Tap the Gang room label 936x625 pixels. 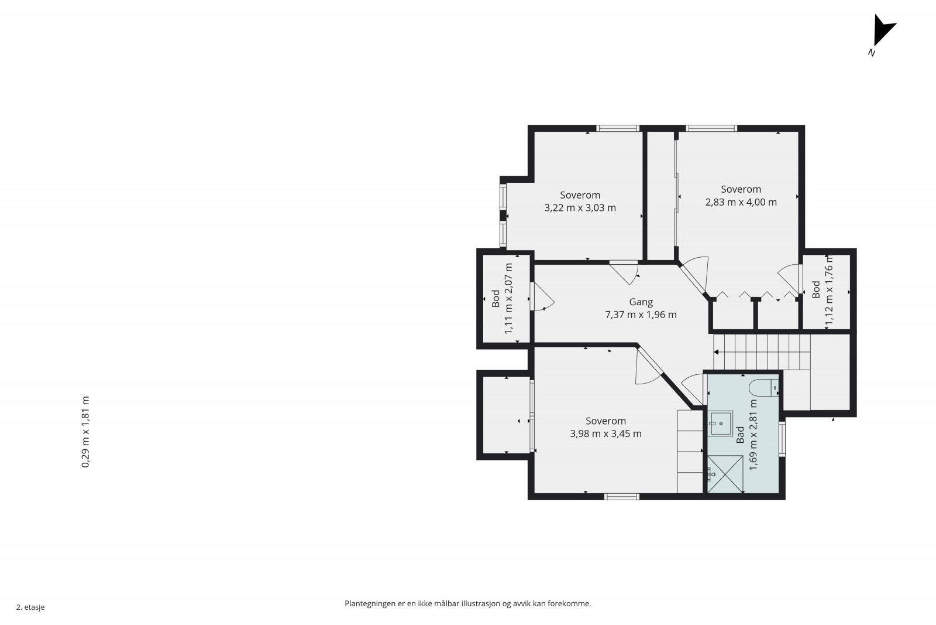tap(641, 302)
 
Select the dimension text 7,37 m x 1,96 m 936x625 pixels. tap(641, 315)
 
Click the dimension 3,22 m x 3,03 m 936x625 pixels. tap(580, 208)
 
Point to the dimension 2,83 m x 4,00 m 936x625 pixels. tap(741, 202)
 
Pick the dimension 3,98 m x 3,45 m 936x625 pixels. tap(606, 434)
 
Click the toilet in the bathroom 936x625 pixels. tap(763, 387)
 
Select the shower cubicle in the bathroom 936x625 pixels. tap(725, 474)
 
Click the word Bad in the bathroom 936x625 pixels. tap(740, 435)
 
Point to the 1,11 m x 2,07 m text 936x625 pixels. tap(508, 298)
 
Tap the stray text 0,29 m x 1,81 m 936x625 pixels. tap(85, 432)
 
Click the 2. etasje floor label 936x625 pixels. tap(30, 607)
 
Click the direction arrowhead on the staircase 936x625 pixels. tap(716, 352)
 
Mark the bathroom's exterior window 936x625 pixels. tap(782, 438)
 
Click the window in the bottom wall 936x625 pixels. tap(622, 497)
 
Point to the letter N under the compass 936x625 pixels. tap(872, 53)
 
